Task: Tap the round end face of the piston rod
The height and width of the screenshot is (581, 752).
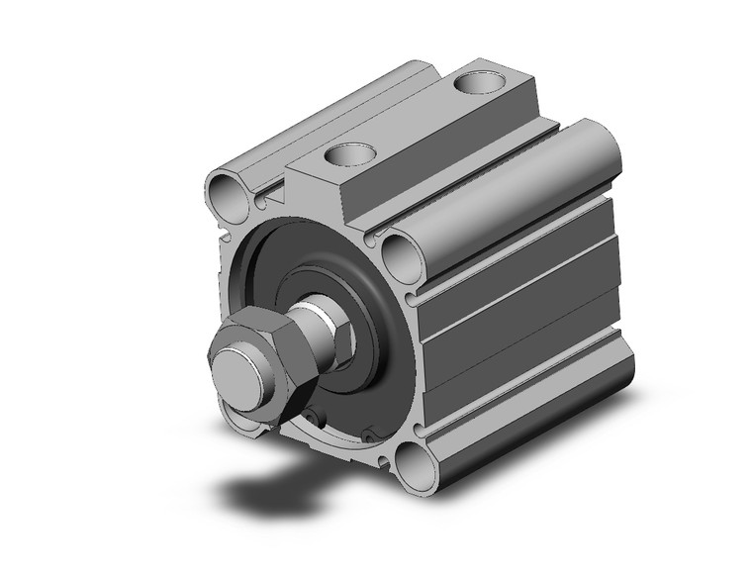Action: click(x=238, y=375)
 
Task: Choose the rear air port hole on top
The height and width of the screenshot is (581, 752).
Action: click(x=479, y=82)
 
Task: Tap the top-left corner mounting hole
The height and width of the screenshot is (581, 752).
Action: click(x=226, y=195)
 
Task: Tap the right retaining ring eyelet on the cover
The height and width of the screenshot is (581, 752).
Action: click(x=370, y=432)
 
